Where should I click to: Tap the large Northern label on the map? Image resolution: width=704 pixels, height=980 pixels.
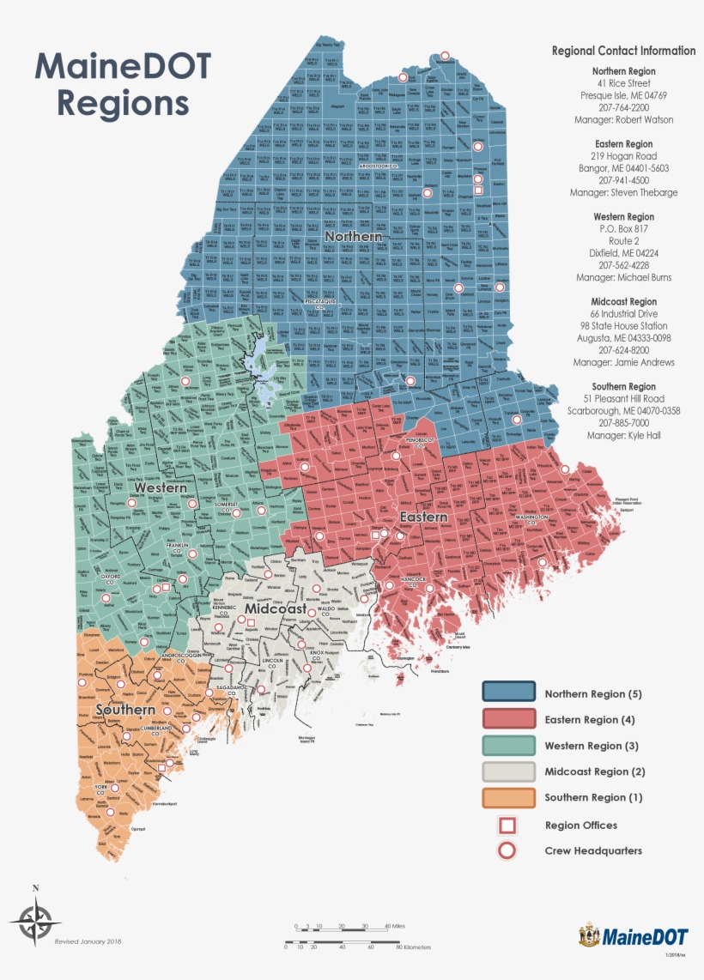[353, 236]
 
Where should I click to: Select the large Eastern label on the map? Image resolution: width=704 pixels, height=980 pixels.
[423, 517]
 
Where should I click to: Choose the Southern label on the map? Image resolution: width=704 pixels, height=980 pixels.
[125, 711]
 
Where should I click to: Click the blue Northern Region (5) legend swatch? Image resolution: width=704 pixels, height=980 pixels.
[507, 693]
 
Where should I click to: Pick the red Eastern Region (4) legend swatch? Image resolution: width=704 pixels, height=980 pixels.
[507, 719]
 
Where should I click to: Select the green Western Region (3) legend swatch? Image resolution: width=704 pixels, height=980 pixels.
[507, 746]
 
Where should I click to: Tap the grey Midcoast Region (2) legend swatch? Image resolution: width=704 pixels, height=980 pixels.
[507, 771]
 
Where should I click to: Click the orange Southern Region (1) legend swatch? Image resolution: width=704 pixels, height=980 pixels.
[507, 797]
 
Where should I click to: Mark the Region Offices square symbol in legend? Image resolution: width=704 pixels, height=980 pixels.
[507, 826]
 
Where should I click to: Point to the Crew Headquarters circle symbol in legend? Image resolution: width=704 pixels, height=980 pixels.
[507, 851]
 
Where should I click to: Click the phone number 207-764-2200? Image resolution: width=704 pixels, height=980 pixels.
[623, 108]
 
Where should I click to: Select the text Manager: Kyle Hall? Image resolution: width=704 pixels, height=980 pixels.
[623, 436]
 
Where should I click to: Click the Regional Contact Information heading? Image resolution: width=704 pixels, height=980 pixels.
[623, 51]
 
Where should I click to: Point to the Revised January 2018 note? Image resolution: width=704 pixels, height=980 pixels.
[88, 941]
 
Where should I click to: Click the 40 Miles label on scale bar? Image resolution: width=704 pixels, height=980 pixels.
[396, 927]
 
